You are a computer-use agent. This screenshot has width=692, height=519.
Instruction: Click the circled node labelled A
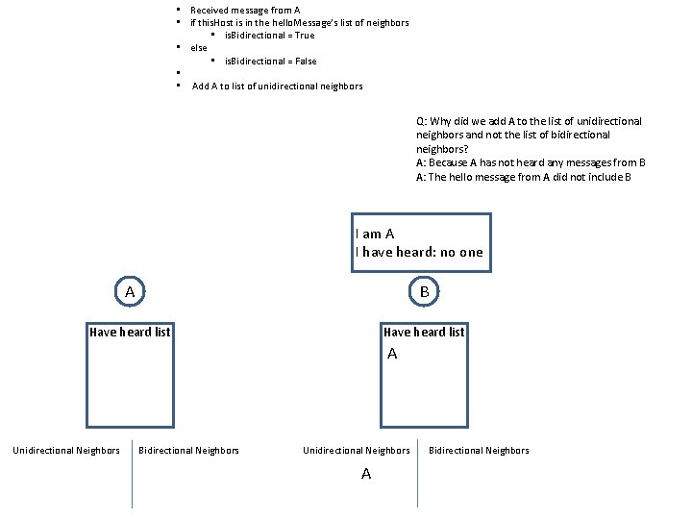(130, 290)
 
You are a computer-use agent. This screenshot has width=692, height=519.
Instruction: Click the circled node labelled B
(424, 290)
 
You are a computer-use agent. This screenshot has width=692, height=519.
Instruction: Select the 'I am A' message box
(420, 243)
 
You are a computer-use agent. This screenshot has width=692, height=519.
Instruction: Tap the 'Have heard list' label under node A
(130, 333)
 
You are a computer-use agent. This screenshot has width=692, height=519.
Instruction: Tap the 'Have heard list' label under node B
(424, 333)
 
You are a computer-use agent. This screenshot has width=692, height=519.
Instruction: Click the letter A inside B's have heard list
(392, 355)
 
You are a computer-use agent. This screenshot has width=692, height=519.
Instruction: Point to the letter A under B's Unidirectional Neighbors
(366, 474)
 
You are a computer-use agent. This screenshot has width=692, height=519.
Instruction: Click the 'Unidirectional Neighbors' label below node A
(66, 451)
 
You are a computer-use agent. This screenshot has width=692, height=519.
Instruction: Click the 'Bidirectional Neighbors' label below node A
(189, 451)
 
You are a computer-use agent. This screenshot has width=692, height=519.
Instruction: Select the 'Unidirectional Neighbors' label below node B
(357, 451)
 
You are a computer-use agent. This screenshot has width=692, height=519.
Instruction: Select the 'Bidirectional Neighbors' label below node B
(479, 451)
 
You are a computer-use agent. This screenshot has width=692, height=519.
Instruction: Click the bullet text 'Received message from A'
(245, 10)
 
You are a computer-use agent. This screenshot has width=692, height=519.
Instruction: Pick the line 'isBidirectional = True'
(269, 36)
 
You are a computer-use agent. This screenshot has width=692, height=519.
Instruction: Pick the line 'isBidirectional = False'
(270, 62)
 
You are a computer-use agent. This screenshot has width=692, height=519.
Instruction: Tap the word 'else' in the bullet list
(199, 48)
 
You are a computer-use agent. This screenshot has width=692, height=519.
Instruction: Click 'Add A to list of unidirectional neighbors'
(278, 86)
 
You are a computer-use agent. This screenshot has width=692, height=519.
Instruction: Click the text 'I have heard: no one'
(419, 253)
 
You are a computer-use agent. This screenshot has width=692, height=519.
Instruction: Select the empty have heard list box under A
(130, 383)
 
